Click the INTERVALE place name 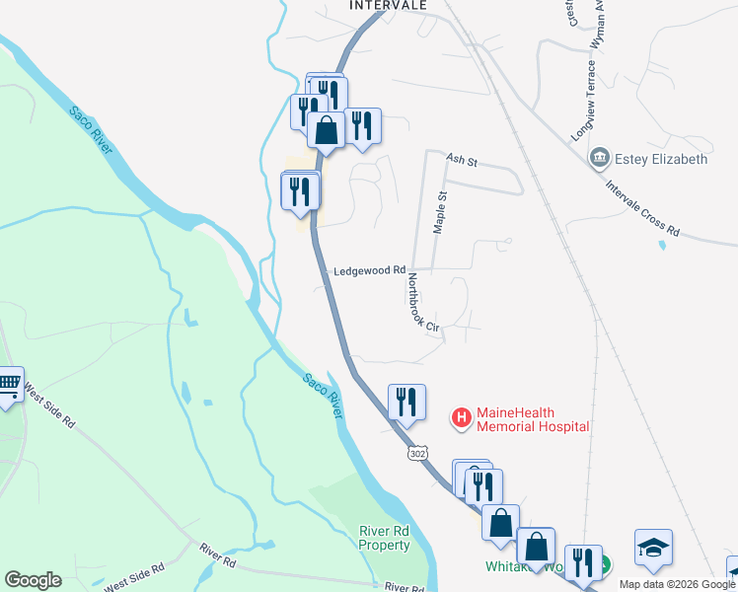pos(389,5)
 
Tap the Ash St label pos(461,159)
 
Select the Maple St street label pos(440,212)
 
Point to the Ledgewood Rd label pos(370,270)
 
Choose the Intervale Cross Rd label pos(643,207)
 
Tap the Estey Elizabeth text pos(661,159)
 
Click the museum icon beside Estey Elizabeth pos(599,158)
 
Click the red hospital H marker pos(461,418)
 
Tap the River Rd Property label pos(384,539)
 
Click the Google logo pos(33,580)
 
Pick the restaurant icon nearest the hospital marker pos(406,401)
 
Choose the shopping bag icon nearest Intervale pos(326,129)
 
